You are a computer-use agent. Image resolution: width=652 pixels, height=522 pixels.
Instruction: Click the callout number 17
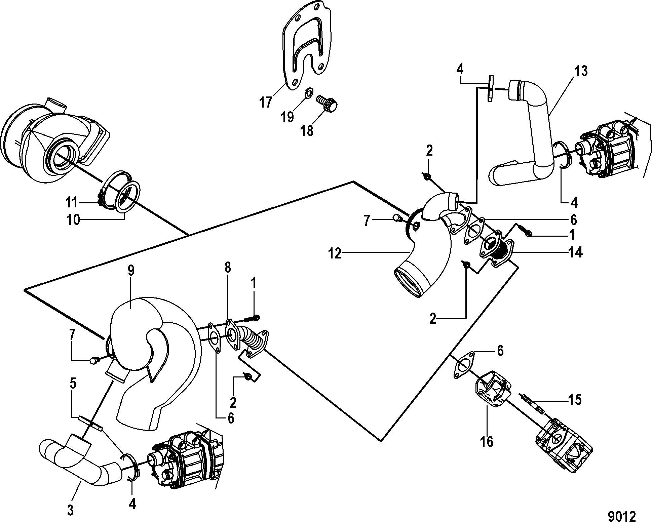point(266,102)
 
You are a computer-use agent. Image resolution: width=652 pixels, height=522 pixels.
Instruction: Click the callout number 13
point(581,72)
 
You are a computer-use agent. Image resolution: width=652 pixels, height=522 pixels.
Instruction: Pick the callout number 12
point(334,253)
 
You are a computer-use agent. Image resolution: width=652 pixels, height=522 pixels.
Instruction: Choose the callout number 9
point(131,271)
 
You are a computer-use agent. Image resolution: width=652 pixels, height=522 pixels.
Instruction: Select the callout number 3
point(70,510)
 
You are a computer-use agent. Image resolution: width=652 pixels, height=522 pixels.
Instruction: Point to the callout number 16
point(487,441)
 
